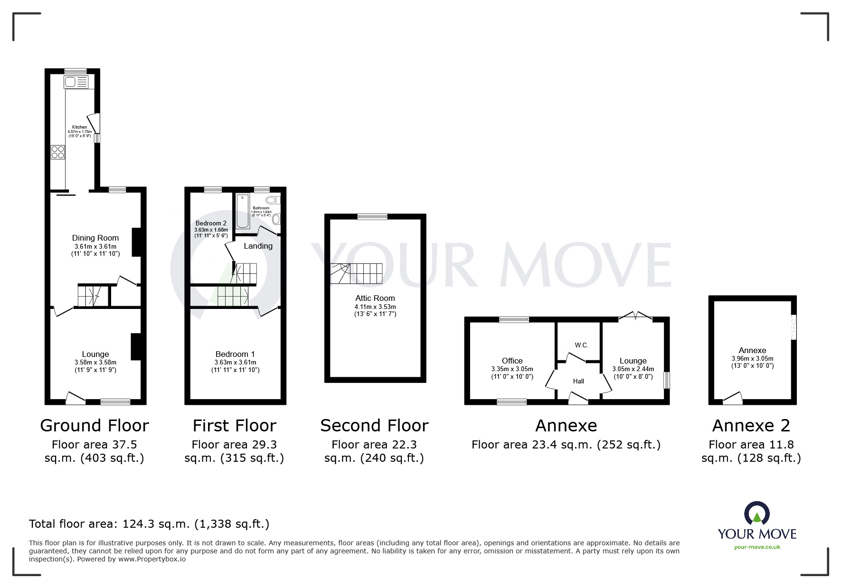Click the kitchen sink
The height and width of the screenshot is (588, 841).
click(76, 82)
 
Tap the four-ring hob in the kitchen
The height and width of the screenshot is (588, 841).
click(58, 152)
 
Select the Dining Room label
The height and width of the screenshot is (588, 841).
click(95, 238)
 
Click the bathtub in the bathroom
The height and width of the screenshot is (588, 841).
click(242, 211)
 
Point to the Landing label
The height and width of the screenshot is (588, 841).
click(258, 246)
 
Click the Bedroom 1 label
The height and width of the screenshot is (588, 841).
click(235, 354)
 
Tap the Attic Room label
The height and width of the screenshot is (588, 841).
click(375, 298)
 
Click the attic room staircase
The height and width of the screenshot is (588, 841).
click(356, 274)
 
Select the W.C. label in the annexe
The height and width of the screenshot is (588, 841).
click(582, 345)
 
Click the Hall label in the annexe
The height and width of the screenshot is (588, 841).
click(578, 381)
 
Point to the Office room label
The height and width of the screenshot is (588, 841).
click(512, 361)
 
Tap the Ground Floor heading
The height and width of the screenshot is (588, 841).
click(94, 426)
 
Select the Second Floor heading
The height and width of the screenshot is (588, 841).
click(374, 426)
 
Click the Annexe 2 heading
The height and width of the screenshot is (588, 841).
click(751, 426)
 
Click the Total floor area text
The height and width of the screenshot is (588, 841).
click(149, 524)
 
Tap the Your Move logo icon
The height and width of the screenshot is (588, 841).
click(757, 513)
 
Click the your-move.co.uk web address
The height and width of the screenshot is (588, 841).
click(757, 547)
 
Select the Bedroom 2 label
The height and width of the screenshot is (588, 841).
click(211, 223)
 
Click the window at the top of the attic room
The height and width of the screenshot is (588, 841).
click(372, 216)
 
